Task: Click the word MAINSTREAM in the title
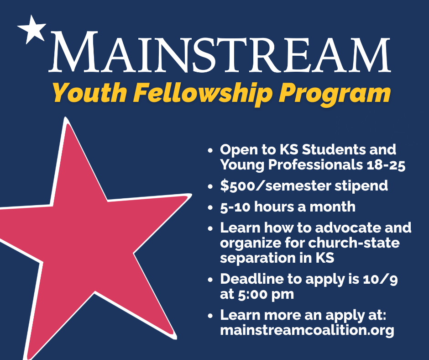pyautogui.click(x=220, y=52)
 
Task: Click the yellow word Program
pyautogui.click(x=335, y=95)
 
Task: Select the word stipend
pyautogui.click(x=361, y=186)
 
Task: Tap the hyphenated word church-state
pyautogui.click(x=354, y=243)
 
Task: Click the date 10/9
pyautogui.click(x=380, y=280)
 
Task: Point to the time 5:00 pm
pyautogui.click(x=266, y=295)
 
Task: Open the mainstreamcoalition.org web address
pyautogui.click(x=307, y=330)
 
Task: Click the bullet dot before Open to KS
pyautogui.click(x=210, y=150)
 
